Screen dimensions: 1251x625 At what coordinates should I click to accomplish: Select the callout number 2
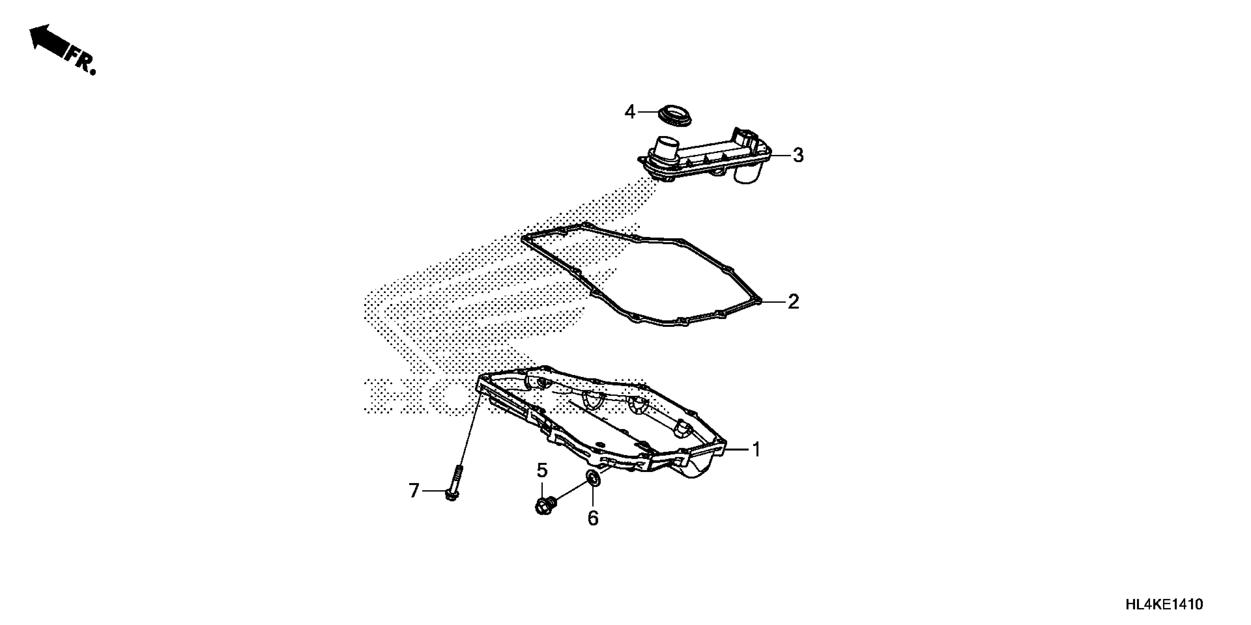(793, 302)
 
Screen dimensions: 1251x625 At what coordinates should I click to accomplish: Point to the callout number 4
(630, 112)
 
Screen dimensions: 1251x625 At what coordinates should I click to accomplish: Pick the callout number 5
(542, 470)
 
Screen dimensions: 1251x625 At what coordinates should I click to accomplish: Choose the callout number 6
(593, 518)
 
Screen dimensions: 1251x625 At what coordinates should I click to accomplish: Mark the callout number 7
(413, 491)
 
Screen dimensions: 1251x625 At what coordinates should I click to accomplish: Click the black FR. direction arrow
(47, 42)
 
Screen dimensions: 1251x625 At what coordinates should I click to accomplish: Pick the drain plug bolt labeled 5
(545, 506)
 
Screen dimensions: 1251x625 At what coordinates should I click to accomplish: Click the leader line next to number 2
(774, 302)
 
